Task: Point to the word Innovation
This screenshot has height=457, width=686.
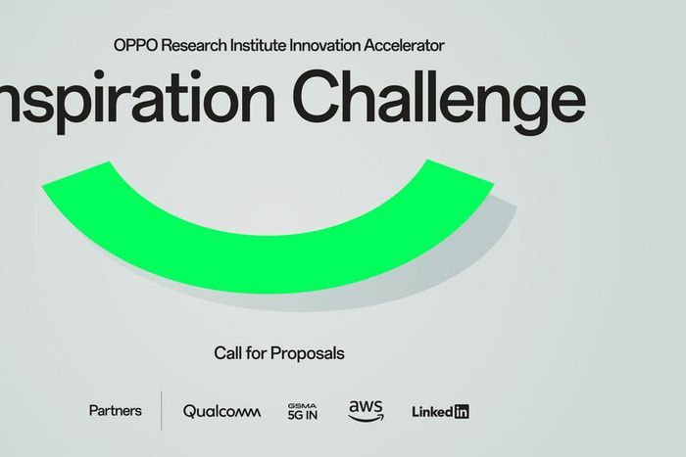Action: click(x=334, y=45)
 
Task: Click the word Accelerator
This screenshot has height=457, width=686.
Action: click(x=410, y=45)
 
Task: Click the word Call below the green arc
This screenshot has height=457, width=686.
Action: click(x=227, y=352)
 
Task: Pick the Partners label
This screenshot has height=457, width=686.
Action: click(x=115, y=411)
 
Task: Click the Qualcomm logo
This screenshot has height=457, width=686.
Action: click(x=221, y=412)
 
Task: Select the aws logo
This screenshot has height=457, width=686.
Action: click(x=366, y=410)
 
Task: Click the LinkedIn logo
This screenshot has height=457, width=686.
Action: click(x=440, y=412)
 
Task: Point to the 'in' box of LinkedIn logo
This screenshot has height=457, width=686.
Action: click(x=461, y=412)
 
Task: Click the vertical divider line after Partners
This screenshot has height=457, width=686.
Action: click(x=161, y=411)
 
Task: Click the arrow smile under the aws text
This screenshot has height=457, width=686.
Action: click(x=366, y=418)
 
